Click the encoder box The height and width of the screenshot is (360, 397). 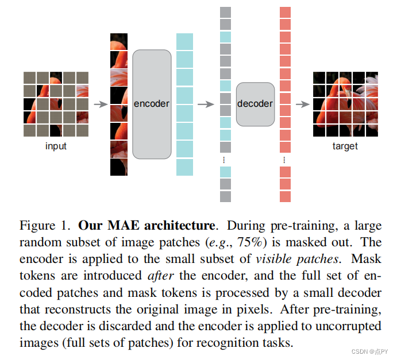pyautogui.click(x=152, y=104)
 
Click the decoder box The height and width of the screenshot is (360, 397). pyautogui.click(x=255, y=104)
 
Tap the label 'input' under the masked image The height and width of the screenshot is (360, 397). pyautogui.click(x=56, y=146)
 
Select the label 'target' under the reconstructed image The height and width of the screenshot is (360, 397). pyautogui.click(x=345, y=146)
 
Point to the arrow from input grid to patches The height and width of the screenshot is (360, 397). pyautogui.click(x=101, y=104)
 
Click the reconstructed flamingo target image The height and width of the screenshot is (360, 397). pyautogui.click(x=345, y=104)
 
